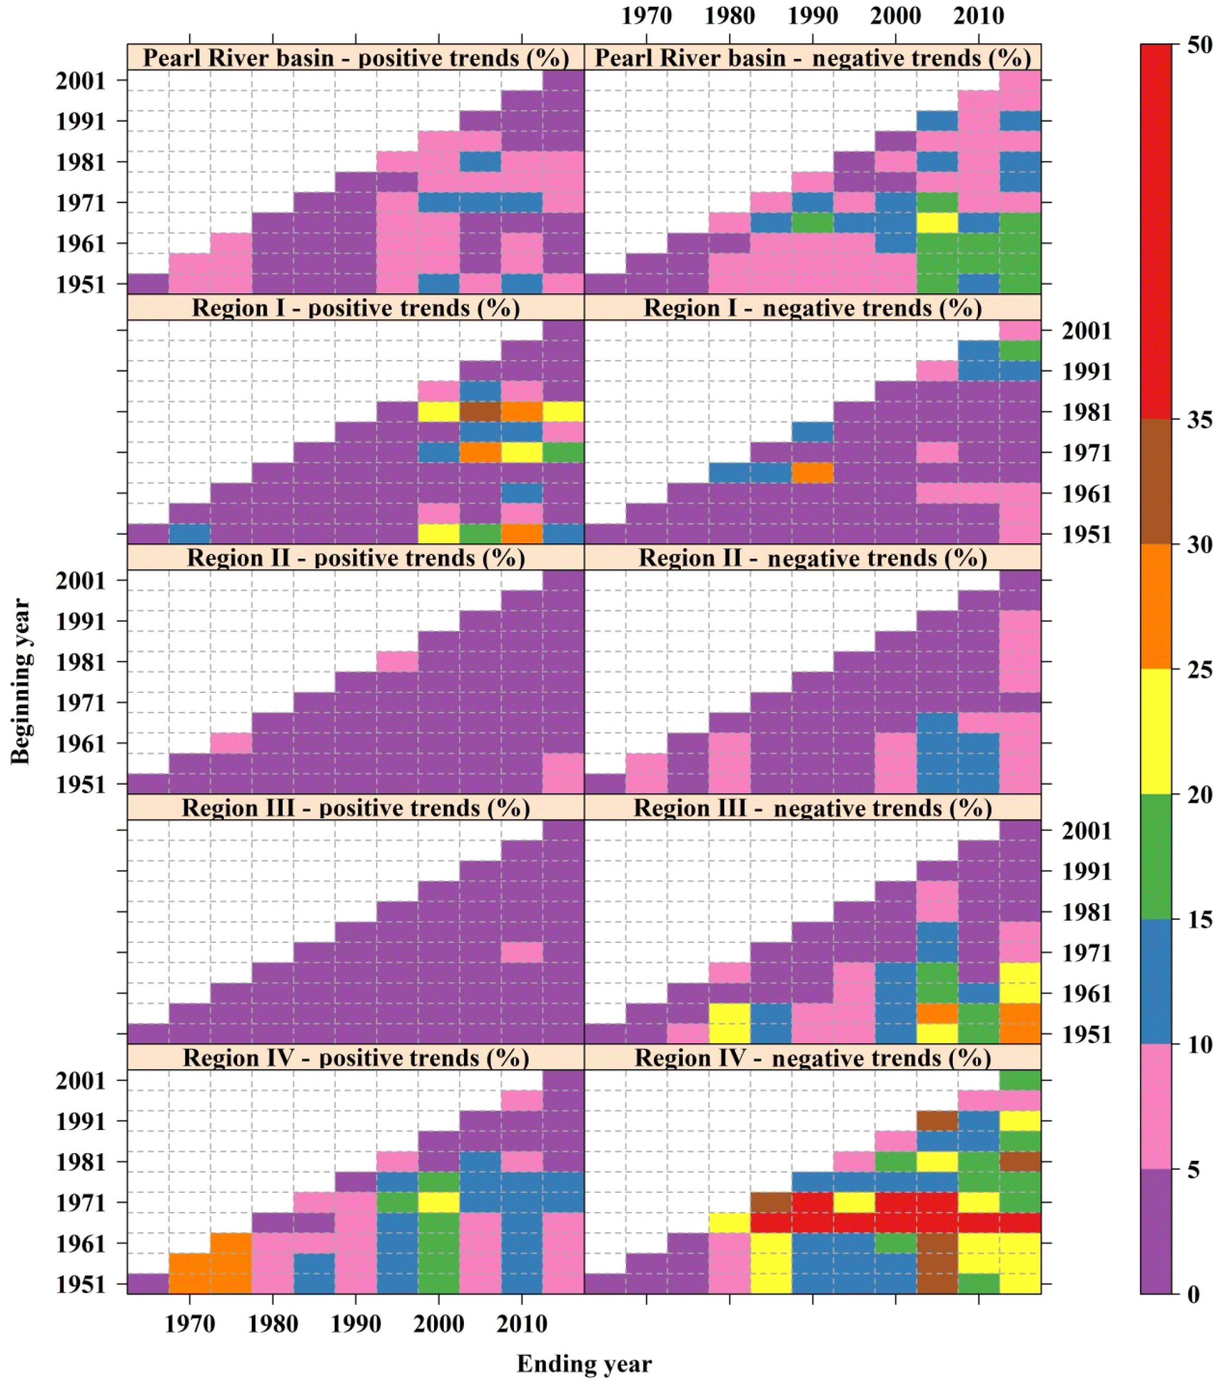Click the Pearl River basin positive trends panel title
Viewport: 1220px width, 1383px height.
click(355, 57)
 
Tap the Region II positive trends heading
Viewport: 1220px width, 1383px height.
click(355, 557)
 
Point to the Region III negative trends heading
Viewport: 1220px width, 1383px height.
click(812, 808)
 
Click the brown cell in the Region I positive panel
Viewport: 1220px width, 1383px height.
click(480, 411)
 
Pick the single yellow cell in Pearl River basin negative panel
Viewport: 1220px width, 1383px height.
click(937, 222)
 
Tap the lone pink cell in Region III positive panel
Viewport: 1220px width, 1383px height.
click(522, 952)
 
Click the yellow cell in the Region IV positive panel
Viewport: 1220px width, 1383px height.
click(438, 1201)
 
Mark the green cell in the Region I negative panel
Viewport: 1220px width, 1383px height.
click(1020, 351)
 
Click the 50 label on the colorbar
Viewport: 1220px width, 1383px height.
click(1200, 45)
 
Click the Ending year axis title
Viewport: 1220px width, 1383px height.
click(584, 1364)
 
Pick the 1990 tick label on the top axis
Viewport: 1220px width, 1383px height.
click(813, 15)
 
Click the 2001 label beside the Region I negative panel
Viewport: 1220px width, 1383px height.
click(1086, 331)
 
